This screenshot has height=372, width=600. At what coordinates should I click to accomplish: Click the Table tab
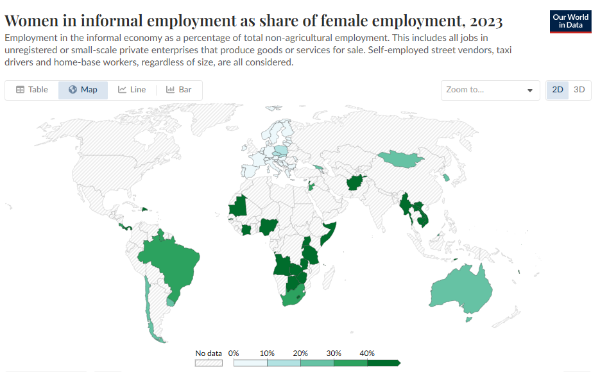31,90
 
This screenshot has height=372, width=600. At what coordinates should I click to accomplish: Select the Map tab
83,90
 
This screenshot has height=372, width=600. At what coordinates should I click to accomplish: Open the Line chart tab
132,90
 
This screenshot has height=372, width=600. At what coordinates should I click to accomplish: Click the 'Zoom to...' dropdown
490,90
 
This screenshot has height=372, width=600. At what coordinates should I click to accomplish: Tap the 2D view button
558,90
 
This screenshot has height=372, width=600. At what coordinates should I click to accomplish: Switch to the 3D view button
579,90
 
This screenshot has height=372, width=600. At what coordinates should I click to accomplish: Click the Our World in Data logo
570,21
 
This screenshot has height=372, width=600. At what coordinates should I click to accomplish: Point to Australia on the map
462,288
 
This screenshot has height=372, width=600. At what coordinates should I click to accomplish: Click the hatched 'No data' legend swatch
209,363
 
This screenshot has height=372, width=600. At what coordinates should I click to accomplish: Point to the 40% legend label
366,353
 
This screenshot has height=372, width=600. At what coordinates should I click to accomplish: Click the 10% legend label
267,353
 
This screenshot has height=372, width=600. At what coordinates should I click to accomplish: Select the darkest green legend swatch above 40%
383,363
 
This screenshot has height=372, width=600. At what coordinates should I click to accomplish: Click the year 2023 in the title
481,21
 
